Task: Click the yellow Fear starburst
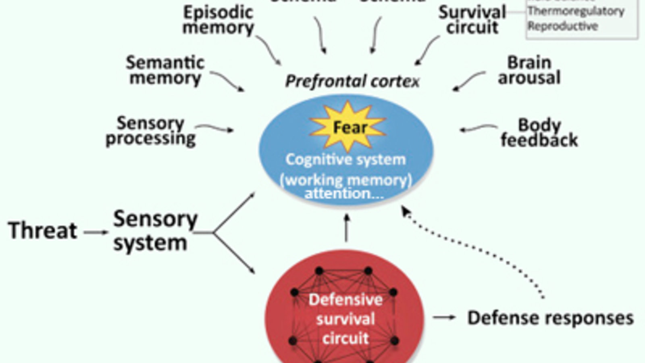click(x=347, y=127)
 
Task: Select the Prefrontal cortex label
click(x=352, y=81)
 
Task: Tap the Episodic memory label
click(x=218, y=20)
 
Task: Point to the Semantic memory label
click(x=165, y=70)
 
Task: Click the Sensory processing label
click(x=150, y=131)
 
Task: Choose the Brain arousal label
click(x=529, y=70)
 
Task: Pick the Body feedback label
click(x=539, y=133)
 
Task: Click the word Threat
click(x=43, y=231)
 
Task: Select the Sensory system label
click(x=155, y=231)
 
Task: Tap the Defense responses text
click(x=550, y=318)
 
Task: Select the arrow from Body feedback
click(x=479, y=128)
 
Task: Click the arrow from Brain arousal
click(x=469, y=80)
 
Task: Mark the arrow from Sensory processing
click(x=214, y=128)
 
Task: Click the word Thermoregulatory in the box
click(x=576, y=11)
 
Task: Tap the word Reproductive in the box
click(x=563, y=26)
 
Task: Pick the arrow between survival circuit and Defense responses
click(x=444, y=317)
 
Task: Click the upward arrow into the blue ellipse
click(x=346, y=228)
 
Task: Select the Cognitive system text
click(x=345, y=160)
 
